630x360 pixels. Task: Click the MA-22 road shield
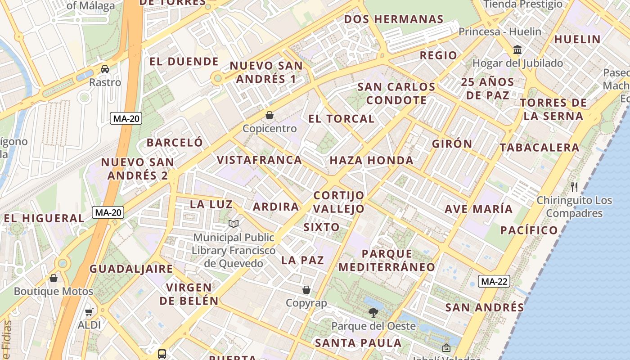coord(494,282)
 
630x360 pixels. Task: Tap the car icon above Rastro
coord(105,69)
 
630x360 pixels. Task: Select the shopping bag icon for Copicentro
coord(270,115)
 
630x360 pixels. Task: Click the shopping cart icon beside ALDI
coord(89,311)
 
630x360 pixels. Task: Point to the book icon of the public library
coord(234,224)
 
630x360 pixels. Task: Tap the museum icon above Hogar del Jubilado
coord(517,49)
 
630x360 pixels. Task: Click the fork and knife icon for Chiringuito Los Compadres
coord(574,187)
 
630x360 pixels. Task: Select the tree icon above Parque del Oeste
coord(373,312)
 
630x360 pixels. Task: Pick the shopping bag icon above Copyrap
coord(306,290)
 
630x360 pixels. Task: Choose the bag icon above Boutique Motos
coord(54,278)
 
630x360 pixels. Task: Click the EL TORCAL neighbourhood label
coord(341,119)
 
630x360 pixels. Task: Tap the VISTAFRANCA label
coord(259,160)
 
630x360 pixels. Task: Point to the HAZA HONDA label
coord(371,160)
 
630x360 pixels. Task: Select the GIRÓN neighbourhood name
coord(452,144)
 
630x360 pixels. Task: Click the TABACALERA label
coord(540,148)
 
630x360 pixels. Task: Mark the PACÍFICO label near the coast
coord(529,230)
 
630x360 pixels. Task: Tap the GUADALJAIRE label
coord(131,269)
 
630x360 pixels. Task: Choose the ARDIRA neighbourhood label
coord(276,207)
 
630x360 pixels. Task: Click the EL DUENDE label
coord(184,62)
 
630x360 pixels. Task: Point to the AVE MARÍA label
coord(479,209)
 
